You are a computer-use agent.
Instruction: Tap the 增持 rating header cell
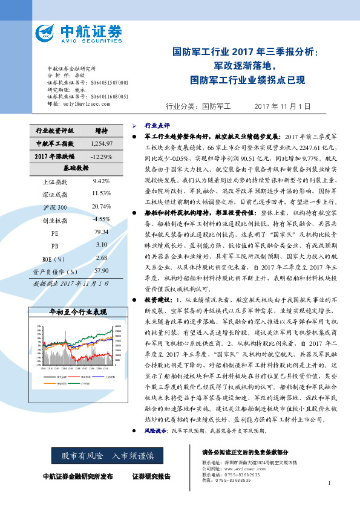(102, 130)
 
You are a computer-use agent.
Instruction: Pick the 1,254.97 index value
(102, 143)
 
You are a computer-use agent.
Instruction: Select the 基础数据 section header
(74, 168)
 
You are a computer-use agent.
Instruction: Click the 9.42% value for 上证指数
(102, 181)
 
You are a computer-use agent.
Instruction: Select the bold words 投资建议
(157, 300)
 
